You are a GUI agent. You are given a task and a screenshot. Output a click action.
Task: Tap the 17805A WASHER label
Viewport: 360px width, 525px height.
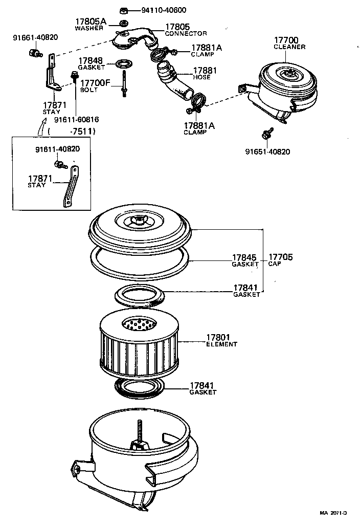pos(90,24)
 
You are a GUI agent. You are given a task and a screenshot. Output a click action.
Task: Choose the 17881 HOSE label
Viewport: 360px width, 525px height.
pos(205,74)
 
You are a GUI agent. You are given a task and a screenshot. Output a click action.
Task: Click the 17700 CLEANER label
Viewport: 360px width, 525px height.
pos(289,43)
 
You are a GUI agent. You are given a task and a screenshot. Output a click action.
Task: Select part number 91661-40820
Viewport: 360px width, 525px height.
pos(35,37)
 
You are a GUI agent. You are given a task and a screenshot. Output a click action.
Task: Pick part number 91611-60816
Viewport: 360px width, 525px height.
pos(77,119)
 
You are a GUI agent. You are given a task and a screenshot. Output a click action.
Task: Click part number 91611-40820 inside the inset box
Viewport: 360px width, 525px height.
pos(57,149)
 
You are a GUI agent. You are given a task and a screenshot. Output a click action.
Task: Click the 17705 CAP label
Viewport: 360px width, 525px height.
pos(280,260)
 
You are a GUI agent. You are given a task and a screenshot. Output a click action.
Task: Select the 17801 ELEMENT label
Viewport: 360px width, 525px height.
pos(221,340)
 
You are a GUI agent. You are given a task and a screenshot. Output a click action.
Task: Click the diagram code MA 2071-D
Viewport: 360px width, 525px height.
pos(333,513)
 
